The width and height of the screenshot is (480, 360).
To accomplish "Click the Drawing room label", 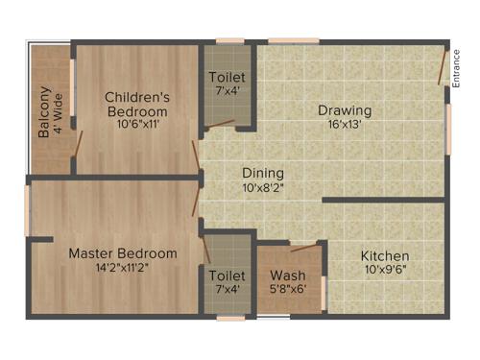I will click(x=345, y=110).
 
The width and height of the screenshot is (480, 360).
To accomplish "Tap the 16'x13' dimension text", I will click(x=345, y=125).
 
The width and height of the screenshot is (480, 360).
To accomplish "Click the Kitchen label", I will click(x=385, y=256).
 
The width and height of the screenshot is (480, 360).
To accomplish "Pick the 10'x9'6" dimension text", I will click(x=385, y=271).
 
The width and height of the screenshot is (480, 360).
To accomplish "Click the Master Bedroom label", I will click(x=122, y=253).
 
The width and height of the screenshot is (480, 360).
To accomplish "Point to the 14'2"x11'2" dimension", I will click(x=122, y=268).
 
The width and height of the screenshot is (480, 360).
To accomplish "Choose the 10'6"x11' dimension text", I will click(x=137, y=125).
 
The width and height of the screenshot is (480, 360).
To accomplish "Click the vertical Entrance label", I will click(x=457, y=69).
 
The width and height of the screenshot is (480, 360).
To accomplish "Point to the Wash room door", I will click(x=304, y=248).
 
